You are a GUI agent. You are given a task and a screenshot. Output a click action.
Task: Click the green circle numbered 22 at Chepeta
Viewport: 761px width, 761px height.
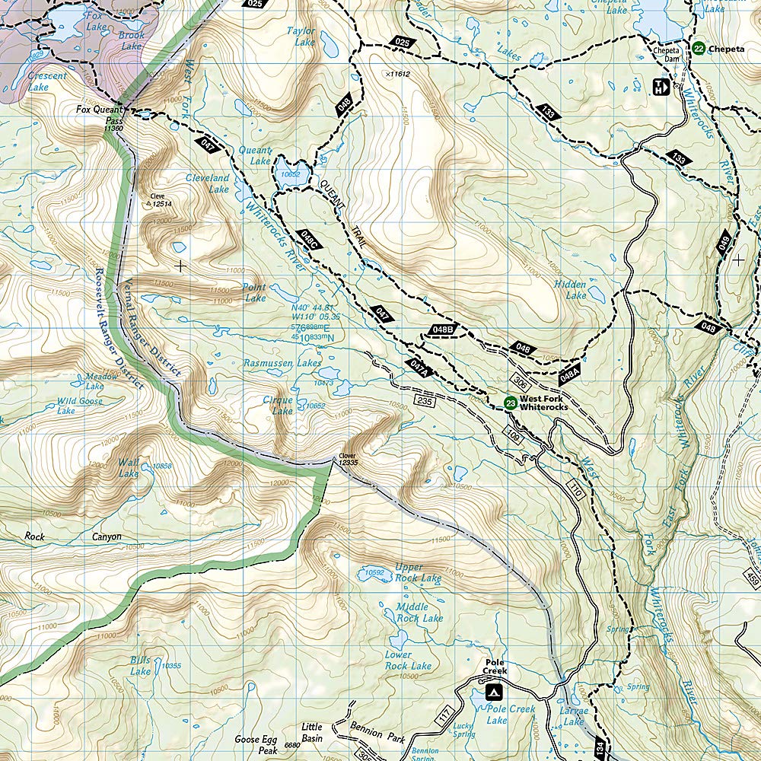[699, 49]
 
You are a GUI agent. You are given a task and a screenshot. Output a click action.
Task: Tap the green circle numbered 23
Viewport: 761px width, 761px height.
[511, 403]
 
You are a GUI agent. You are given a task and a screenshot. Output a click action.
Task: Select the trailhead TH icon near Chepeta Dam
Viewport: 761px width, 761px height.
[660, 88]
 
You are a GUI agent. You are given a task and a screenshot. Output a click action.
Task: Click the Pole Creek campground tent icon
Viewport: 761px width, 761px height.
[494, 693]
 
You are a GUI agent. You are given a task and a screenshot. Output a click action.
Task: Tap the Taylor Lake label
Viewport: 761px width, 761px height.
[300, 37]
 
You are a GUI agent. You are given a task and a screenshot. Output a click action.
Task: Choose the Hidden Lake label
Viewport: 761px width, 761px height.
[570, 289]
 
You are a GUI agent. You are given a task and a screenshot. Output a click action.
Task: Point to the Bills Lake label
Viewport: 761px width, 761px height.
[140, 665]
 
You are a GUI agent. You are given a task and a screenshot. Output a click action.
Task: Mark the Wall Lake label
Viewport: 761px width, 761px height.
[128, 468]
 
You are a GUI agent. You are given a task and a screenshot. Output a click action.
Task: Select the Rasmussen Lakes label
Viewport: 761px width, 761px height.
[282, 364]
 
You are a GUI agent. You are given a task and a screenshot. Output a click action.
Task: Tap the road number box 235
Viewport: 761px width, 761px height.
[424, 400]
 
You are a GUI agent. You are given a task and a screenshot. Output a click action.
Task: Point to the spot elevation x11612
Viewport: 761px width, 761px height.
[397, 74]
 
